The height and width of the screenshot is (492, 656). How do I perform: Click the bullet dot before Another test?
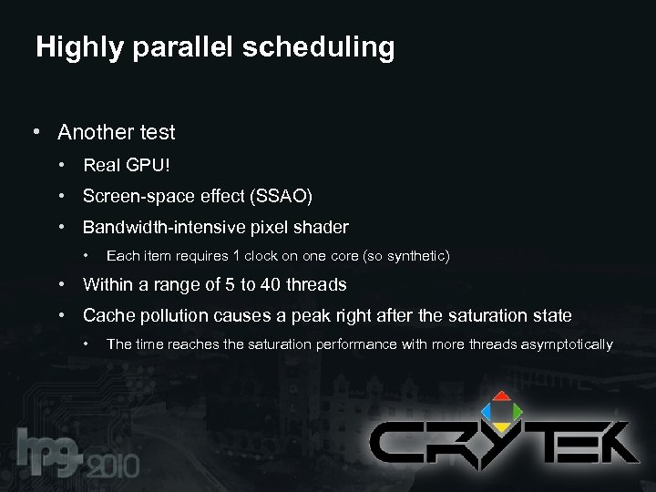tap(35, 133)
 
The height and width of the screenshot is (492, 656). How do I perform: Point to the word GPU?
tap(148, 166)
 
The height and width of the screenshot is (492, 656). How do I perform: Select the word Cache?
tap(108, 316)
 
